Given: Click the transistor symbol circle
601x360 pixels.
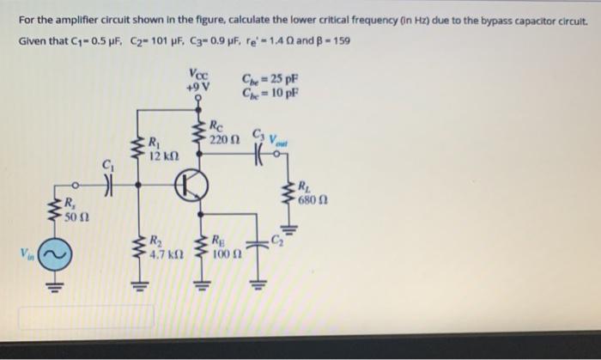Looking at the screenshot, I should click(193, 186).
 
